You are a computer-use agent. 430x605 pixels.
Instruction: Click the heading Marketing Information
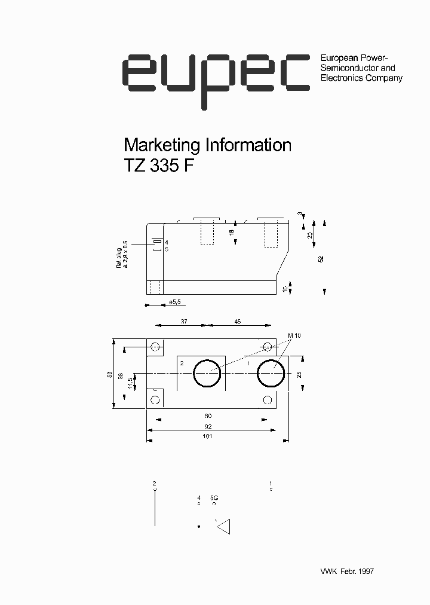click(207, 145)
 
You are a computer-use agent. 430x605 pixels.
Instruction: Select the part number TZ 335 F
click(159, 166)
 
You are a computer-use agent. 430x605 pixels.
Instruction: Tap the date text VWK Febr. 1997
click(346, 572)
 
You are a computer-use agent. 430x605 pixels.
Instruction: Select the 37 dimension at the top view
click(184, 322)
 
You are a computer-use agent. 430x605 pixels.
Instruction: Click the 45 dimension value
click(237, 322)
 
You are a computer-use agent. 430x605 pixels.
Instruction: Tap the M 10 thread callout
click(294, 336)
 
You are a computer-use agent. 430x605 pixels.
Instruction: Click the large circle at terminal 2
click(207, 374)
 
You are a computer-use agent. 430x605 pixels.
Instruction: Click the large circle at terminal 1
click(271, 374)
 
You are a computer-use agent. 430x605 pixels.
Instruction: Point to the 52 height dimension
click(321, 259)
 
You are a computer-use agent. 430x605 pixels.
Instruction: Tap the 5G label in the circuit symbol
click(214, 497)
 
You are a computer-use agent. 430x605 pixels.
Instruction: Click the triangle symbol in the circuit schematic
click(225, 527)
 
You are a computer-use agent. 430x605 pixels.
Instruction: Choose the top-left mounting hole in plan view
click(156, 347)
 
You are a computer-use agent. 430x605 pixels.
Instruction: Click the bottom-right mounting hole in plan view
click(268, 399)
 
